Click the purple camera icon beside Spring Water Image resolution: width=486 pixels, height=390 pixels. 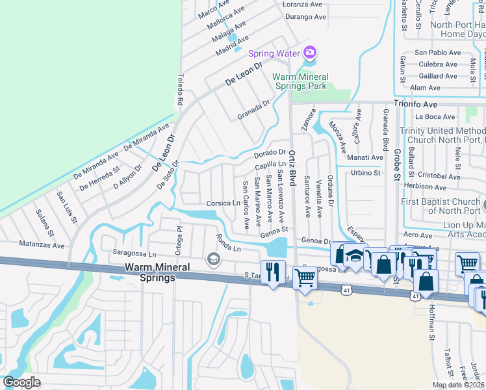pyautogui.click(x=311, y=52)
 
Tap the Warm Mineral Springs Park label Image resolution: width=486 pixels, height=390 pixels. pyautogui.click(x=300, y=81)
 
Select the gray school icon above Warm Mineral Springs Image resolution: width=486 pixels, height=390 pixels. pyautogui.click(x=212, y=261)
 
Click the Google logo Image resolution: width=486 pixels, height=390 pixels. pyautogui.click(x=22, y=382)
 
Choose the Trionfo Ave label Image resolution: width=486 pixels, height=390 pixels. pyautogui.click(x=416, y=104)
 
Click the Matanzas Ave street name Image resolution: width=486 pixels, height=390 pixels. pyautogui.click(x=41, y=246)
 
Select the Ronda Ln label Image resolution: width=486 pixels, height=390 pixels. pyautogui.click(x=228, y=243)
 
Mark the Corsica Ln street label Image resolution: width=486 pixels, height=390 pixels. pyautogui.click(x=224, y=203)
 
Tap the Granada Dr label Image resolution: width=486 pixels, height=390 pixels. pyautogui.click(x=253, y=110)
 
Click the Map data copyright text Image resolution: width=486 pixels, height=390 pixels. pyautogui.click(x=459, y=385)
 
